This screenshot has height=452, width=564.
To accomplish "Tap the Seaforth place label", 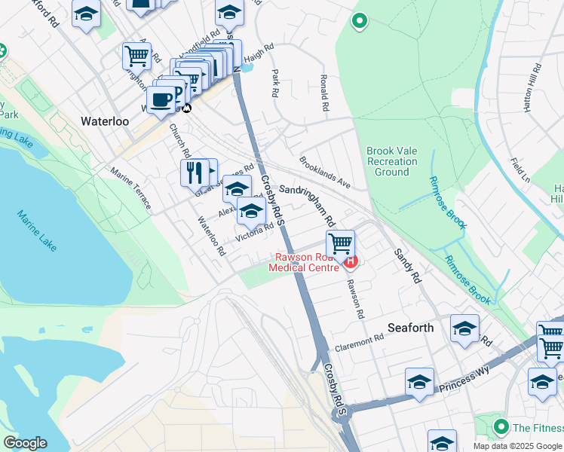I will [410, 328].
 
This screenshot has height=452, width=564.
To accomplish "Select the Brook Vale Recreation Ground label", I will [392, 161].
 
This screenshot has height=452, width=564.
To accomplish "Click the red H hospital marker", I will [351, 261].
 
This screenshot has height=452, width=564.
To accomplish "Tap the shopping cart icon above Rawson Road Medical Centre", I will [341, 244].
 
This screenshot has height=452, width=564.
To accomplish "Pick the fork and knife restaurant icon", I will [194, 173].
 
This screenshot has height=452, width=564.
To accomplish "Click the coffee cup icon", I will [161, 99].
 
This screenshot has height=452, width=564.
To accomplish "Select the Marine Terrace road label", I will [130, 188].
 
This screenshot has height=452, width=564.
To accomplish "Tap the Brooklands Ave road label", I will [325, 172].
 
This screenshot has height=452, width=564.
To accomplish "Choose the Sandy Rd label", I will [407, 265].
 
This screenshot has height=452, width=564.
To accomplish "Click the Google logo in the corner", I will [25, 443].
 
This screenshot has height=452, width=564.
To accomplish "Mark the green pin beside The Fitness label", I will [500, 428].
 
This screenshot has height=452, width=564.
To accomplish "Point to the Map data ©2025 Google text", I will [517, 446].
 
